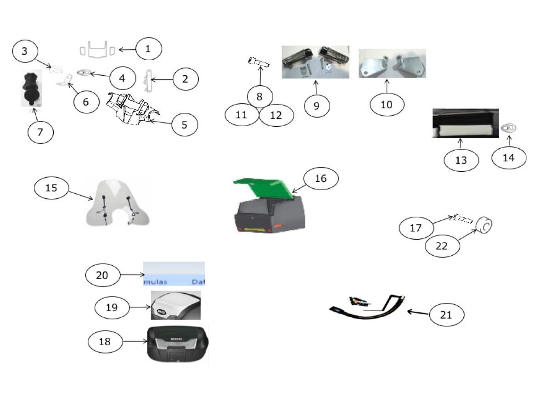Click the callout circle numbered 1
[x=147, y=49]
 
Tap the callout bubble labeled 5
[x=185, y=124]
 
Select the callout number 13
[x=461, y=160]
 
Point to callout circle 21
[x=446, y=315]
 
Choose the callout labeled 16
[x=321, y=179]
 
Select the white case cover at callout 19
[x=176, y=304]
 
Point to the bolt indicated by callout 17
[x=462, y=218]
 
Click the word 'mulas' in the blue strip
[x=155, y=281]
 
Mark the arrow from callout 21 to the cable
[x=418, y=313]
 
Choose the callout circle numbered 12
[x=276, y=116]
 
